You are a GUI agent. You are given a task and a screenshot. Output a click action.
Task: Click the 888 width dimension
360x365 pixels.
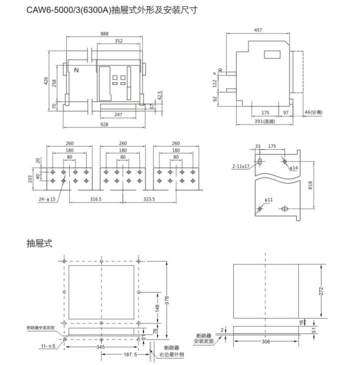[105, 34]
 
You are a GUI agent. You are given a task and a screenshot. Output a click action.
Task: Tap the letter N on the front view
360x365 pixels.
[76, 70]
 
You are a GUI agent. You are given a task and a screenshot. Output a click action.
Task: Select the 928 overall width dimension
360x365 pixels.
[105, 124]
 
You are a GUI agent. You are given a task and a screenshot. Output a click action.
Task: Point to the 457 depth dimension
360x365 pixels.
[258, 30]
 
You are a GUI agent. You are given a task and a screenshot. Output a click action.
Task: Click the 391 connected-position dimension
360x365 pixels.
[265, 121]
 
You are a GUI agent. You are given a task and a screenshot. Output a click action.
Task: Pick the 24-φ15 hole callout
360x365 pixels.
[47, 199]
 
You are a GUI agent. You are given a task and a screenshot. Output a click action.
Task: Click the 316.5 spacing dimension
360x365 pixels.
[96, 199]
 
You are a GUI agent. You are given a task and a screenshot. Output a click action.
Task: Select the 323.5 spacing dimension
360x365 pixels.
[149, 199]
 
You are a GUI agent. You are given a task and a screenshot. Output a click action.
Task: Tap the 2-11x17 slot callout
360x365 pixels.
[241, 166]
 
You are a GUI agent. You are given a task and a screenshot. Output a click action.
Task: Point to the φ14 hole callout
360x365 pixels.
[294, 168]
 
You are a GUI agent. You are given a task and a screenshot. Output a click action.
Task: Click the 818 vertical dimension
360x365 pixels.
[310, 185]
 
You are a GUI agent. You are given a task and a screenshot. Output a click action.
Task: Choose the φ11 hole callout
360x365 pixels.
[268, 200]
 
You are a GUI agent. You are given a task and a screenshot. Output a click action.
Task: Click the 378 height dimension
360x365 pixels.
[167, 300]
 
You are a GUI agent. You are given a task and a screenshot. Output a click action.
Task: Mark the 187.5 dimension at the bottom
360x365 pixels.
[131, 354]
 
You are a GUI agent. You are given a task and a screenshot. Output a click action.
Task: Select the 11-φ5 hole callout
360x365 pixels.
[48, 346]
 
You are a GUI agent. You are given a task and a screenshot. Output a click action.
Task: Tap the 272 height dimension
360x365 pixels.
[321, 291]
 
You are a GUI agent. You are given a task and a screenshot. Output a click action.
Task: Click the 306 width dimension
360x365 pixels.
[266, 341]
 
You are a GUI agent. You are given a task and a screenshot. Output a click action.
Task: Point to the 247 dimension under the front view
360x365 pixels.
[118, 115]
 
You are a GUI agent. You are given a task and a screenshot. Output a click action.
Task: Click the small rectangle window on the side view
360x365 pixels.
[272, 54]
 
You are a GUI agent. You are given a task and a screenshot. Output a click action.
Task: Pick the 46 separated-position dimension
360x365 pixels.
[314, 112]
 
